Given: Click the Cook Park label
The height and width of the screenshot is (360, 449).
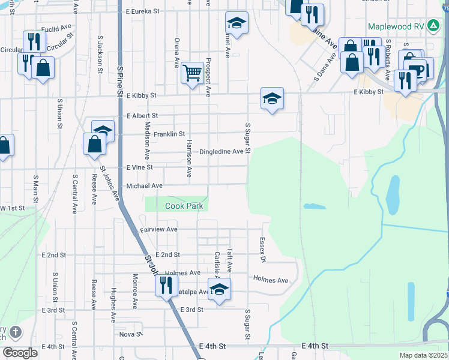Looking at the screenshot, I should pos(184,206).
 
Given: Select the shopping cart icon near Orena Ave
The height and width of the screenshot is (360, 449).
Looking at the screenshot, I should pos(192,74).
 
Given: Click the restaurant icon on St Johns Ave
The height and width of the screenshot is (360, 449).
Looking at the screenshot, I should pos(166,284).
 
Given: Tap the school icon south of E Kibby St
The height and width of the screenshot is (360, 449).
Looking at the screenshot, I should pos(272,98).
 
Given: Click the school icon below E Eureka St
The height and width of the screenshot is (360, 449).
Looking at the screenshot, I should pos(237,23).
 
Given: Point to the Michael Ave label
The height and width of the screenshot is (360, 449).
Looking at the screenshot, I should pos(144,186).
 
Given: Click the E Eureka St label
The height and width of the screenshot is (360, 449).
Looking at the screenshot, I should pos(143,11).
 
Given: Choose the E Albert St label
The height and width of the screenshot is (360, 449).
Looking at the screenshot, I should pos(142,115).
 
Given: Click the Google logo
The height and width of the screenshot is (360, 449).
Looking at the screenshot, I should pos(20,353).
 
